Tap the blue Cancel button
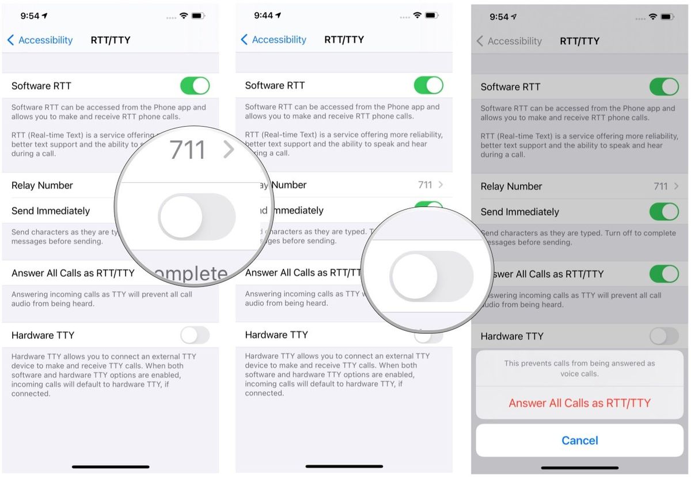(x=579, y=441)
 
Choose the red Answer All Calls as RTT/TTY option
(x=579, y=403)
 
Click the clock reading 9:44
(x=263, y=16)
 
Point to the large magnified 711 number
(x=187, y=151)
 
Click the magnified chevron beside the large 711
(x=229, y=150)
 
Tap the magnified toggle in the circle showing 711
(x=197, y=216)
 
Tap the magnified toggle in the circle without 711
(x=431, y=275)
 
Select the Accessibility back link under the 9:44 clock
(x=274, y=40)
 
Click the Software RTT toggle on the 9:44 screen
(x=428, y=86)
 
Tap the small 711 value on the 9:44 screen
(x=425, y=185)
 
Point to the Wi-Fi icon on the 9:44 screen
(x=417, y=16)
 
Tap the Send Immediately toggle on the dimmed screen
(x=664, y=212)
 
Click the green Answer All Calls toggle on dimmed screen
(x=664, y=274)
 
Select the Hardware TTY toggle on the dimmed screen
(x=664, y=336)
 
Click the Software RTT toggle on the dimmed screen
(x=664, y=87)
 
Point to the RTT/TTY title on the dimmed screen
(x=580, y=41)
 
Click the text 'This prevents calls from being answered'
(x=579, y=364)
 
